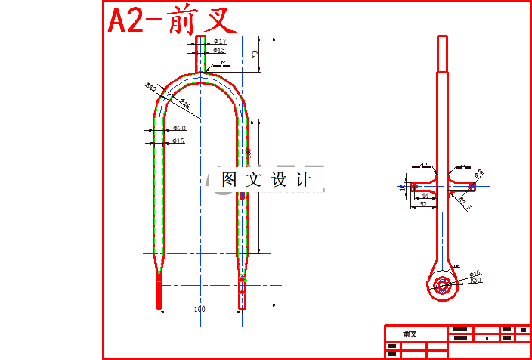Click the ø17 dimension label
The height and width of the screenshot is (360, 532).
pyautogui.click(x=220, y=41)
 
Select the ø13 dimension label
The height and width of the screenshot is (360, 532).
pyautogui.click(x=219, y=51)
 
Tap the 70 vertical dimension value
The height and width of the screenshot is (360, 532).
pyautogui.click(x=255, y=54)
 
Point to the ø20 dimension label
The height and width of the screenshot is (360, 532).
pyautogui.click(x=179, y=129)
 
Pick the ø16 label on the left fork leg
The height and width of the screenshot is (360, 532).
pyautogui.click(x=178, y=141)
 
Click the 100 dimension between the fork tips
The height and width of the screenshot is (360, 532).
pyautogui.click(x=200, y=309)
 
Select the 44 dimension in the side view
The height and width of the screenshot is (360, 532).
pyautogui.click(x=425, y=196)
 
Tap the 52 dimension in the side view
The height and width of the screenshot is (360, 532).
pyautogui.click(x=422, y=204)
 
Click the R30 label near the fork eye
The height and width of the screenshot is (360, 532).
pyautogui.click(x=475, y=281)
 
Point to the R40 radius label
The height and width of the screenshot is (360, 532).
pyautogui.click(x=151, y=88)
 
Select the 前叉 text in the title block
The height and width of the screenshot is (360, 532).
pyautogui.click(x=410, y=334)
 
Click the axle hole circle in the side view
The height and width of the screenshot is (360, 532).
pyautogui.click(x=441, y=285)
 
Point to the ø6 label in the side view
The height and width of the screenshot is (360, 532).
pyautogui.click(x=479, y=175)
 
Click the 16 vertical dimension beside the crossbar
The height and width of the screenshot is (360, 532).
pyautogui.click(x=402, y=185)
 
